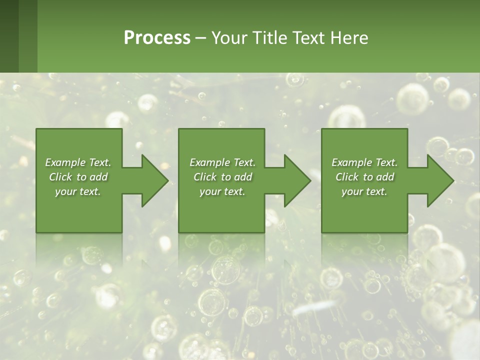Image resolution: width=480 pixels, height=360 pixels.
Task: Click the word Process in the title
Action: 157,38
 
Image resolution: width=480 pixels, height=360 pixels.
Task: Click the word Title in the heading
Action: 268,38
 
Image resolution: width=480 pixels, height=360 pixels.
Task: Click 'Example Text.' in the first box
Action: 78,162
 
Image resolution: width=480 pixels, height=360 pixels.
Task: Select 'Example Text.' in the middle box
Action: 222,162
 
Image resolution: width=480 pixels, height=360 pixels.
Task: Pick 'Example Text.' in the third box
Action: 364,162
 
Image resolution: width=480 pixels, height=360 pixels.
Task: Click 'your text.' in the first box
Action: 78,191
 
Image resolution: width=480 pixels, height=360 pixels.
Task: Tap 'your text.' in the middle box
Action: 222,191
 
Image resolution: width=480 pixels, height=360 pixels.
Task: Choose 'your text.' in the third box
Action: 364,191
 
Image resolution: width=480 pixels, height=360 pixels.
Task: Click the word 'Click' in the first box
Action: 60,177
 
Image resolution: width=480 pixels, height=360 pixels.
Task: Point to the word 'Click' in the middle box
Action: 205,177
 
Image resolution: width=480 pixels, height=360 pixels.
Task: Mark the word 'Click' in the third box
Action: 347,177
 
